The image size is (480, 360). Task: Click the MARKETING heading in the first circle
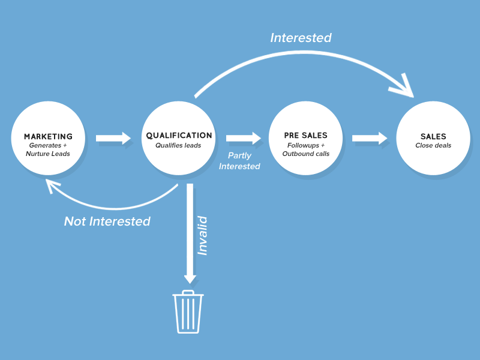pos(48,137)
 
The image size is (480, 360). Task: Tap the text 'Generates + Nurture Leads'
pos(48,149)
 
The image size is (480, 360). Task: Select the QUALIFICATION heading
pos(179,136)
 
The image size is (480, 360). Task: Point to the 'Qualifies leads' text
pos(179,145)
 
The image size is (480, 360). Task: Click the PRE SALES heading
pos(305,136)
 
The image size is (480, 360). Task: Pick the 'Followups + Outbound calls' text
pos(305,149)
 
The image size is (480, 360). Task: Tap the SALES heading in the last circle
pos(433,137)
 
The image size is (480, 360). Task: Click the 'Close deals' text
pos(433,146)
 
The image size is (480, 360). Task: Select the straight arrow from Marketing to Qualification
pos(113,138)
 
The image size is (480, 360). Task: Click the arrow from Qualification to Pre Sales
pos(244,138)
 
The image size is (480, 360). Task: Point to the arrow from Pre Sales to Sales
pos(370,138)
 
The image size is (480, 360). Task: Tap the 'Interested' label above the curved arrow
pos(301,38)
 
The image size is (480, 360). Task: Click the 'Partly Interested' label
pos(239,161)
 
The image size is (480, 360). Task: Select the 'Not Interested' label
pos(107,221)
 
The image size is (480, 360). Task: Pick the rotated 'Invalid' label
pos(203,236)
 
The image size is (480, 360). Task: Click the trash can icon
pos(188,313)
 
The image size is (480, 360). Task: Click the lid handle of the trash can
pos(188,292)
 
